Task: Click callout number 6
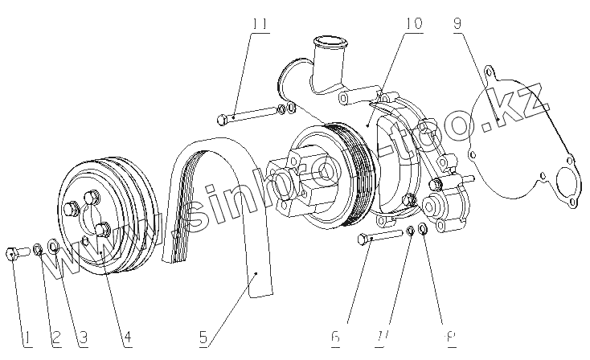[334, 339]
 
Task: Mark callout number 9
[457, 25]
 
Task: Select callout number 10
[412, 25]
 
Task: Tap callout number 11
[258, 25]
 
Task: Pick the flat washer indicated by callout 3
[53, 245]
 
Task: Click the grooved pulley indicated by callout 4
[103, 217]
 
